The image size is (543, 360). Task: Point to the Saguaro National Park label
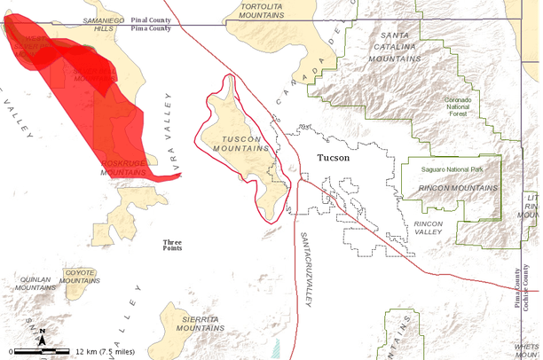pyautogui.click(x=452, y=168)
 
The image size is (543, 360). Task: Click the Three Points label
pyautogui.click(x=172, y=246)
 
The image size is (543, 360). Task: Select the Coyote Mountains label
pyautogui.click(x=80, y=277)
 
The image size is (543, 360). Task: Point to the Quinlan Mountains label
pyautogui.click(x=36, y=283)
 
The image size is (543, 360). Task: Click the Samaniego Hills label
pyautogui.click(x=105, y=24)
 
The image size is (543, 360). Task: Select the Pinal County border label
pyautogui.click(x=151, y=19)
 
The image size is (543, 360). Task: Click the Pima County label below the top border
pyautogui.click(x=150, y=28)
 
